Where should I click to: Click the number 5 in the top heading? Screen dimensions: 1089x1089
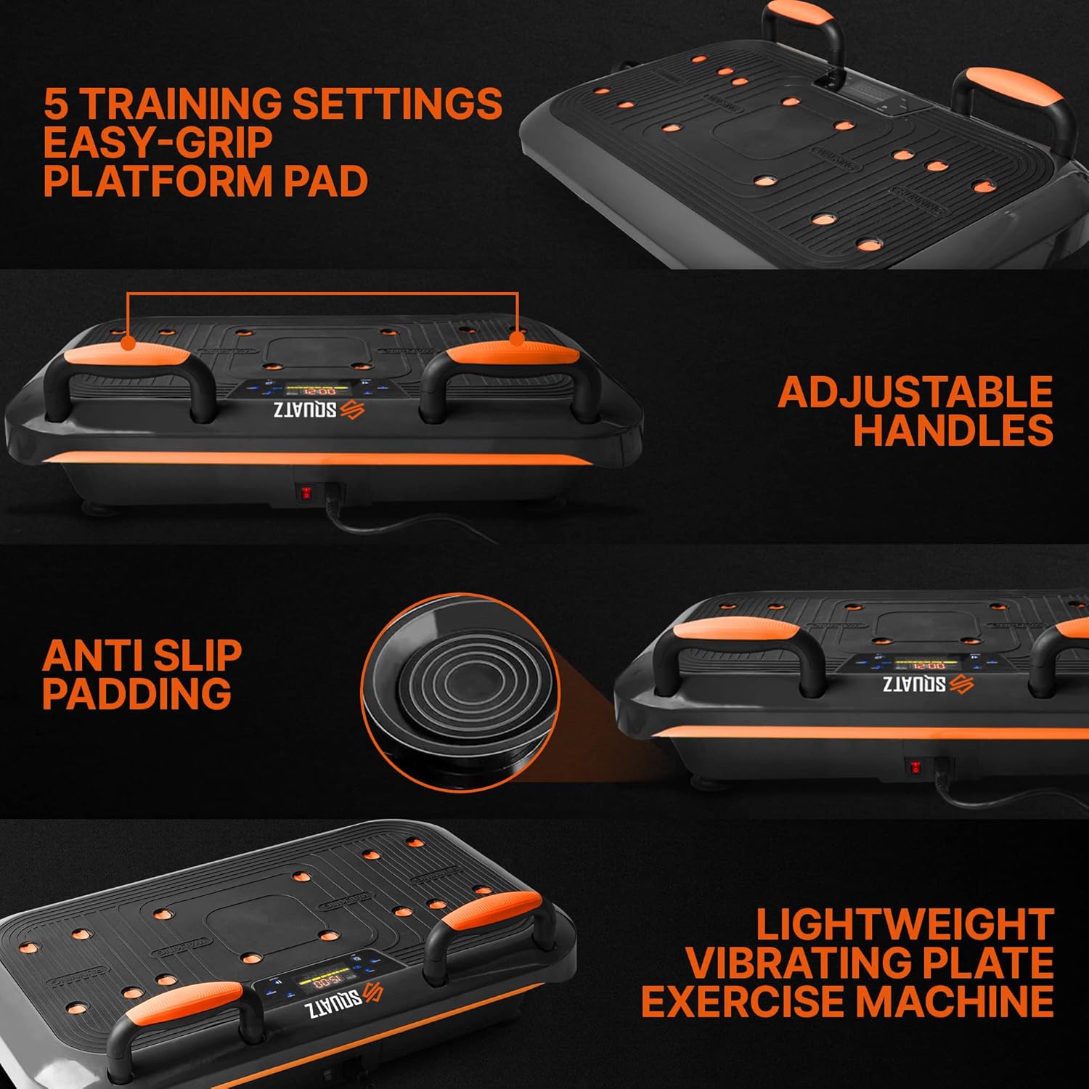pyautogui.click(x=57, y=103)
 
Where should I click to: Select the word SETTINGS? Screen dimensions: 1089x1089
pyautogui.click(x=397, y=103)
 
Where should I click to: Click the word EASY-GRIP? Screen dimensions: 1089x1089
pyautogui.click(x=158, y=142)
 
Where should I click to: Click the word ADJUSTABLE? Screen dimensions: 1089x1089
pyautogui.click(x=915, y=392)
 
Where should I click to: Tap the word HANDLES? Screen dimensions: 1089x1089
pyautogui.click(x=953, y=431)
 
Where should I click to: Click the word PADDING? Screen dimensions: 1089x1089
pyautogui.click(x=136, y=694)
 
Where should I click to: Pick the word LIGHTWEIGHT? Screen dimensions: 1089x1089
pyautogui.click(x=905, y=925)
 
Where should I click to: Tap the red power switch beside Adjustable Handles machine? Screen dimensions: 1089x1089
pyautogui.click(x=306, y=494)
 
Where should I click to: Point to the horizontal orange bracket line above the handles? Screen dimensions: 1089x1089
pyautogui.click(x=322, y=294)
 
